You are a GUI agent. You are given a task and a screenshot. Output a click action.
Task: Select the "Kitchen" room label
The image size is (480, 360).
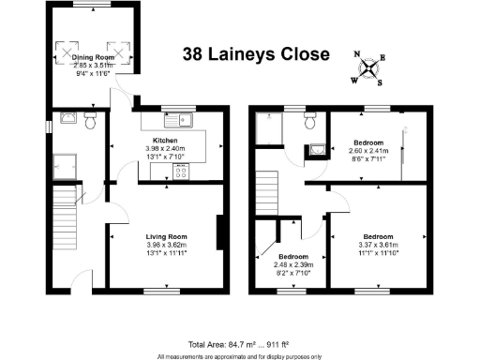pos(166,139)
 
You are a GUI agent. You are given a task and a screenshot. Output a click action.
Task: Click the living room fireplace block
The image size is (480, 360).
pos(219,232)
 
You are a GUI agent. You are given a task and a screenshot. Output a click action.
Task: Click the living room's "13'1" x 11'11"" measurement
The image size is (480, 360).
pos(166,253)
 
